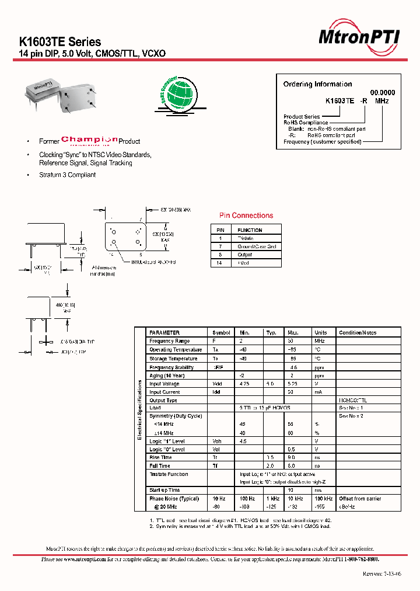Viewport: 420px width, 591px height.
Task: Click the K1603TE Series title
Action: click(60, 42)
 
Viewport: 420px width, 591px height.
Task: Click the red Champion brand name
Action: click(89, 140)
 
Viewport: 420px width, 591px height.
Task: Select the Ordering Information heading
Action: click(317, 84)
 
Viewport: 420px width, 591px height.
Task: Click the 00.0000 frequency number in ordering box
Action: click(383, 92)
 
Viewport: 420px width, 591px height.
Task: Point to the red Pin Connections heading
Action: click(246, 215)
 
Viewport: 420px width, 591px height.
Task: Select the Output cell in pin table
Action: click(244, 255)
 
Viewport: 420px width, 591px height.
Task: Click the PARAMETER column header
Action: click(164, 332)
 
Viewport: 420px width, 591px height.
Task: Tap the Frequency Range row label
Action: click(169, 341)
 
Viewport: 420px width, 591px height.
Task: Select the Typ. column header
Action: click(271, 332)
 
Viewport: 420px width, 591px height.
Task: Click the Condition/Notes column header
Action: click(358, 332)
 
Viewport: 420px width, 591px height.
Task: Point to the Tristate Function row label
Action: click(169, 474)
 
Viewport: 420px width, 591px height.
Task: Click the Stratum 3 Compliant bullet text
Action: click(67, 175)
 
